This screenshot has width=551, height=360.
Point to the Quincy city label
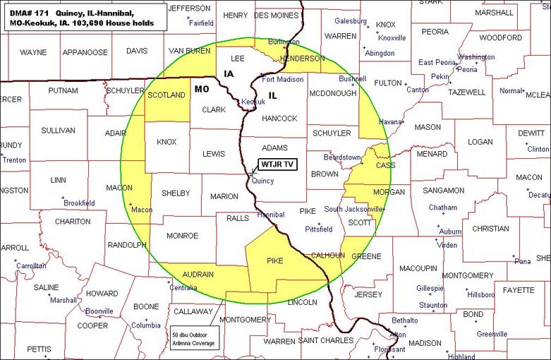[263, 181]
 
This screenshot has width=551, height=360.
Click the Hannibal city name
[270, 215]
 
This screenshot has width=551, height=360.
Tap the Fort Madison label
[283, 80]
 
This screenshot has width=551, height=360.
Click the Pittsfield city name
[318, 229]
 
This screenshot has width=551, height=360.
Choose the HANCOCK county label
[279, 119]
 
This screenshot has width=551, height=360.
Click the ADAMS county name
[274, 148]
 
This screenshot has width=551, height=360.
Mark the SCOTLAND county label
[166, 95]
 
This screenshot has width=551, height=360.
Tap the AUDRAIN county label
[198, 275]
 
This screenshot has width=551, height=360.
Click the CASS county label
[385, 165]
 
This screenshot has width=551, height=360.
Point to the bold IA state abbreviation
[229, 73]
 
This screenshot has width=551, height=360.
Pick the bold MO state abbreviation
[201, 89]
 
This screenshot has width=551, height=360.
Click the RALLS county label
[238, 218]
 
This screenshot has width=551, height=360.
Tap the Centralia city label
[183, 288]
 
